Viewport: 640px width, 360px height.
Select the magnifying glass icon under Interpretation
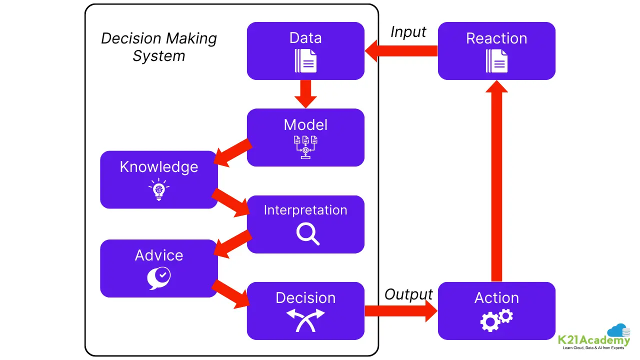[307, 233]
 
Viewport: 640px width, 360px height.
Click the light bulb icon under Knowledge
[159, 189]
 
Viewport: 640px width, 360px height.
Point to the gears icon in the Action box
[496, 320]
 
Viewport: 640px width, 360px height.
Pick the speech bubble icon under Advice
[159, 277]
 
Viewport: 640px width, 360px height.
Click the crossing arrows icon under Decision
[305, 320]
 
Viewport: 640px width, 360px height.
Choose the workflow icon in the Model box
[305, 147]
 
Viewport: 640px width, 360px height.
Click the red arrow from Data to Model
[305, 93]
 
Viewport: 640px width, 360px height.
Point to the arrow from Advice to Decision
[231, 294]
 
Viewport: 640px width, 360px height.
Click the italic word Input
[408, 32]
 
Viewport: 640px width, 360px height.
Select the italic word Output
[408, 294]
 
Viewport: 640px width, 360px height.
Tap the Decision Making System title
[159, 46]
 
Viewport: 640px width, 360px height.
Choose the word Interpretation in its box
[305, 210]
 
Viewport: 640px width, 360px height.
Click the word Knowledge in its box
[159, 167]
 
